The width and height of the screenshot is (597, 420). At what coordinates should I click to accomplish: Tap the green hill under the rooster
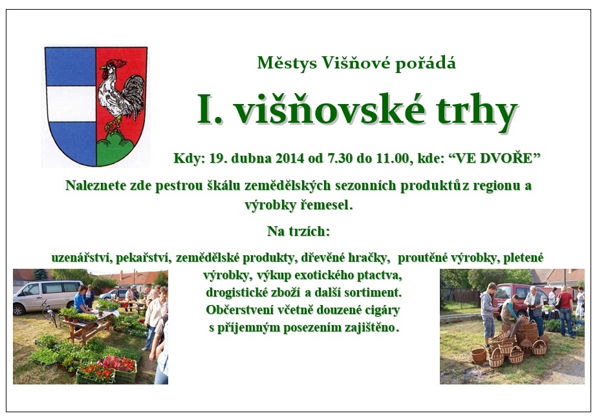click(x=115, y=150)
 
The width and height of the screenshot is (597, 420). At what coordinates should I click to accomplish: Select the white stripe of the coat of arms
click(x=71, y=104)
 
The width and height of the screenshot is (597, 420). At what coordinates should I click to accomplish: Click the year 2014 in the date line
click(x=290, y=158)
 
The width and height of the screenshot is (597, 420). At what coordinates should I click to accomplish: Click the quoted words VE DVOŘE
click(x=495, y=158)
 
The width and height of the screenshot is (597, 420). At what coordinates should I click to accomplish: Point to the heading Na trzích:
click(x=299, y=231)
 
